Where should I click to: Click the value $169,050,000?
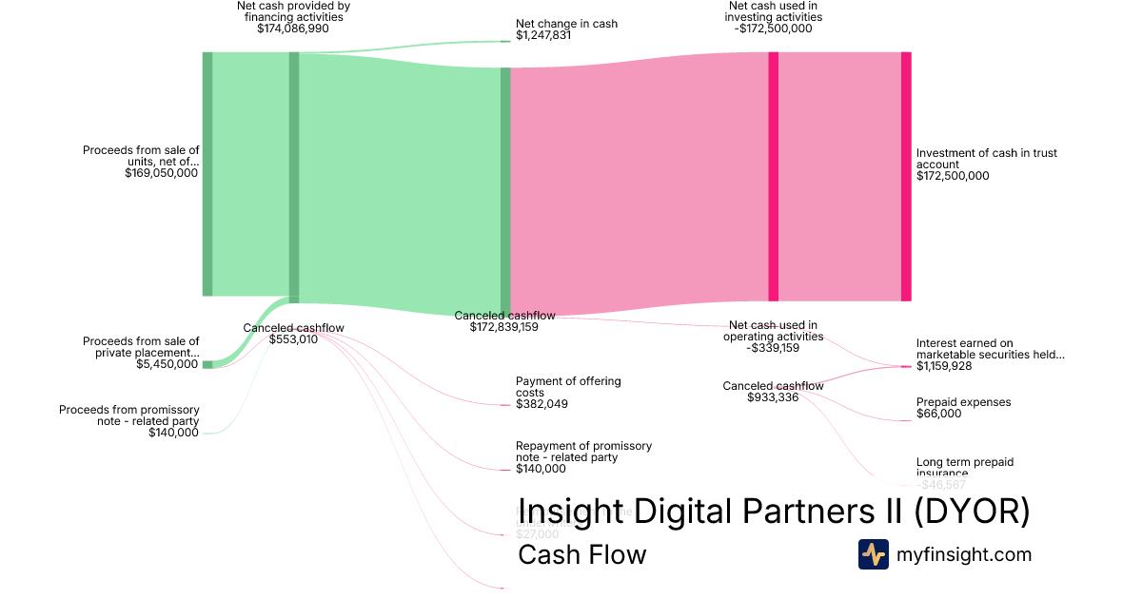tap(161, 173)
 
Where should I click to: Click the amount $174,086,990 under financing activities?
tap(293, 29)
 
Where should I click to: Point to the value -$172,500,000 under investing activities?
tap(775, 29)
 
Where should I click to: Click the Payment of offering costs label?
tap(568, 387)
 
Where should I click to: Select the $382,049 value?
tap(542, 404)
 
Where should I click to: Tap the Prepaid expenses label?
tap(963, 402)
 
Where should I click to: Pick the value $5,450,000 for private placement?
tap(167, 364)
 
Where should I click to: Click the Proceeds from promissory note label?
tap(129, 415)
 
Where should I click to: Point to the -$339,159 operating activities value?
tap(773, 348)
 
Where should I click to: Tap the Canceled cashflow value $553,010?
tap(293, 339)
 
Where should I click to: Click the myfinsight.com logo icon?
tap(873, 554)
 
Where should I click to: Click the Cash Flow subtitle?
tap(581, 554)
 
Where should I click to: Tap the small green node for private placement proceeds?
tap(207, 364)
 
